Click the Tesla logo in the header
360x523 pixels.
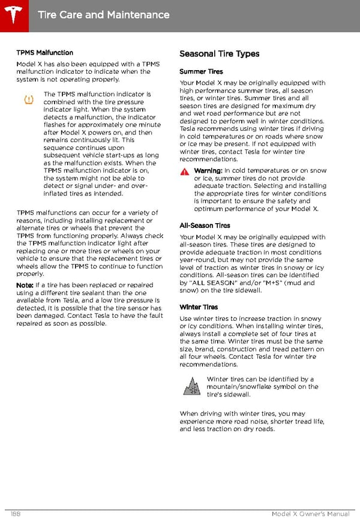click(x=14, y=13)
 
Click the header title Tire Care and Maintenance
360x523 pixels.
click(x=103, y=14)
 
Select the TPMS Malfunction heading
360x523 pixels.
click(x=45, y=53)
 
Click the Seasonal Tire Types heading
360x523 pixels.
click(x=220, y=54)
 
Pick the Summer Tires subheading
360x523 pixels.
click(x=201, y=72)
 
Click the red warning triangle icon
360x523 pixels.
click(x=184, y=172)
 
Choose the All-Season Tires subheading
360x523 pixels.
click(x=205, y=226)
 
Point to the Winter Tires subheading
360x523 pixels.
click(x=199, y=307)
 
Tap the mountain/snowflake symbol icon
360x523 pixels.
click(x=192, y=386)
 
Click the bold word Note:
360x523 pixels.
click(x=25, y=285)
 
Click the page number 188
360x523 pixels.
click(x=17, y=514)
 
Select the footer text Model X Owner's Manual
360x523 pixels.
click(x=310, y=514)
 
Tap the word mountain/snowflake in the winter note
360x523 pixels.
click(x=240, y=387)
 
